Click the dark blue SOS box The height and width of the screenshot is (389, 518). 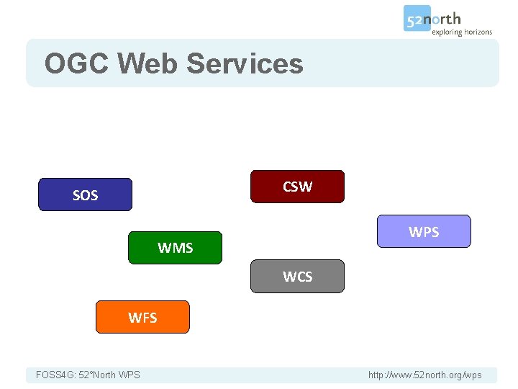click(x=85, y=194)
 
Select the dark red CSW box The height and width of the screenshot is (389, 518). click(x=297, y=187)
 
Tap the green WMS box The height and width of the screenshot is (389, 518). click(x=175, y=248)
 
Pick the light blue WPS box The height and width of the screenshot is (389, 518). click(x=424, y=231)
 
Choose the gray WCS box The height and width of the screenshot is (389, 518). click(x=297, y=276)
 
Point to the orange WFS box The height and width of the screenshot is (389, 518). click(x=142, y=317)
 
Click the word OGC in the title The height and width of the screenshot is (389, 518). click(x=76, y=63)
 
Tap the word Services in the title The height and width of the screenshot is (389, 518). click(x=245, y=63)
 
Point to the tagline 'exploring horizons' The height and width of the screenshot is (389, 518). click(x=462, y=32)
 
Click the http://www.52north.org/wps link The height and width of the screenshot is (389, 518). click(x=424, y=375)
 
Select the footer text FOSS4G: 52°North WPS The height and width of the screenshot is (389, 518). click(x=88, y=375)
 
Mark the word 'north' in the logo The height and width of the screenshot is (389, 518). click(x=446, y=18)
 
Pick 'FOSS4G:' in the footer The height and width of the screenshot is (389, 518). click(x=55, y=375)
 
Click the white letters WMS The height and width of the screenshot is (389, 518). click(x=175, y=248)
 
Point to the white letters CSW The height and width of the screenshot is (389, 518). click(x=297, y=187)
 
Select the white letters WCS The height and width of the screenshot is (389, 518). click(x=297, y=276)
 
